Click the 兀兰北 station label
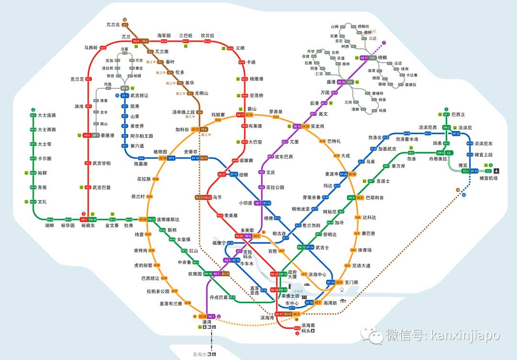point(113,24)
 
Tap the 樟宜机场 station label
point(488,178)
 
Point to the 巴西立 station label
point(458,115)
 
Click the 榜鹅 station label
point(382,58)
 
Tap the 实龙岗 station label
point(317,126)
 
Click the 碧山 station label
point(252,109)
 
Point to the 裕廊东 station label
point(88,225)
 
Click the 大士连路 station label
point(47,115)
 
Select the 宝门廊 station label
point(352,282)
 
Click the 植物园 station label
point(160,152)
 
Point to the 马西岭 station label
point(91,48)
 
